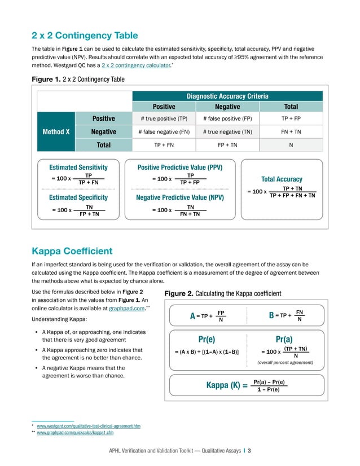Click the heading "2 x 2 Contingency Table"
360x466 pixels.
(x=85, y=36)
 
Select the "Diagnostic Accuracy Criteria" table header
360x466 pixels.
(x=227, y=96)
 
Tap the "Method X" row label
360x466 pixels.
(x=56, y=131)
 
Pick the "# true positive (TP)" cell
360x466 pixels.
(x=164, y=118)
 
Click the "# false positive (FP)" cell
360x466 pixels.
(x=227, y=118)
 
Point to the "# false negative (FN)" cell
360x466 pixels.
(x=164, y=131)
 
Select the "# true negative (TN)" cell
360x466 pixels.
(x=227, y=131)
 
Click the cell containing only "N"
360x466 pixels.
(x=291, y=145)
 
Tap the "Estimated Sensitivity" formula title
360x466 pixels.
(x=78, y=168)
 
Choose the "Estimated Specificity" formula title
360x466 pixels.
(x=78, y=198)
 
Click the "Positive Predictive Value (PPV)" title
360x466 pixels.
(x=180, y=168)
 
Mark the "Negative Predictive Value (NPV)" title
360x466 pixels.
(x=180, y=198)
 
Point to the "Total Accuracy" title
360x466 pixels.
(x=282, y=179)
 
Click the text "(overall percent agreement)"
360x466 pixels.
(x=284, y=363)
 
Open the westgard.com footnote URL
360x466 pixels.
(x=89, y=426)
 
